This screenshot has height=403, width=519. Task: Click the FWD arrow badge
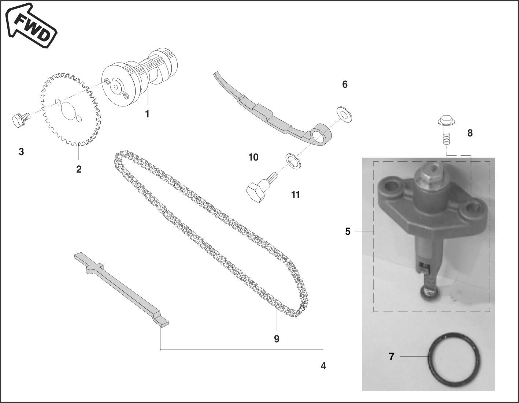pyautogui.click(x=31, y=26)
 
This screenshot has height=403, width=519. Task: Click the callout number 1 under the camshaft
pyautogui.click(x=147, y=114)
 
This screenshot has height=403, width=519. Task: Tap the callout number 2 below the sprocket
pyautogui.click(x=79, y=169)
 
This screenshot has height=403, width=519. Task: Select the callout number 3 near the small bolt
pyautogui.click(x=21, y=151)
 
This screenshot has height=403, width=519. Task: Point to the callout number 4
pyautogui.click(x=323, y=366)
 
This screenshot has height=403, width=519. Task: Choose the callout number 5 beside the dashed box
pyautogui.click(x=348, y=231)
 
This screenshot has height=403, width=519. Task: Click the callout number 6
pyautogui.click(x=345, y=84)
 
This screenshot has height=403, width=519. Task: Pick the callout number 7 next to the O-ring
pyautogui.click(x=392, y=356)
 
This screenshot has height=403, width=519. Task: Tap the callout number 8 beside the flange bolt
pyautogui.click(x=470, y=133)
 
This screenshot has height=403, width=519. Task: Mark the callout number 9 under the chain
pyautogui.click(x=277, y=339)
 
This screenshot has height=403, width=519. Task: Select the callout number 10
pyautogui.click(x=253, y=157)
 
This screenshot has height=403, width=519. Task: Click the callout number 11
pyautogui.click(x=296, y=195)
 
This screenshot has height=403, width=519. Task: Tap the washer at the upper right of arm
pyautogui.click(x=344, y=115)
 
